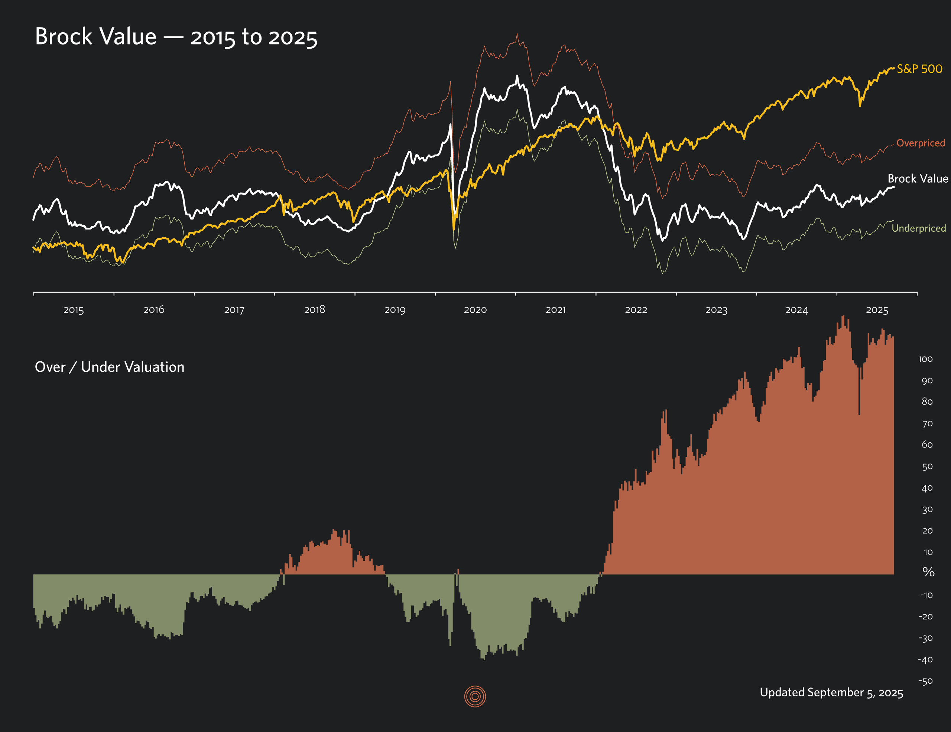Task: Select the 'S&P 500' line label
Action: pyautogui.click(x=919, y=69)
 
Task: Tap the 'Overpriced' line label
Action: pyautogui.click(x=921, y=143)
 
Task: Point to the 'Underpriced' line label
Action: pyautogui.click(x=918, y=228)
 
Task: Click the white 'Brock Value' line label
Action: pyautogui.click(x=918, y=179)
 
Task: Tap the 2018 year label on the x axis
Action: pyautogui.click(x=314, y=310)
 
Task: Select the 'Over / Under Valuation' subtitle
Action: pyautogui.click(x=109, y=367)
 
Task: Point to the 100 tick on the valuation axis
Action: pyautogui.click(x=925, y=360)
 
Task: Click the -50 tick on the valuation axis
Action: pyautogui.click(x=926, y=681)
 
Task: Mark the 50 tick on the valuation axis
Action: pyautogui.click(x=927, y=467)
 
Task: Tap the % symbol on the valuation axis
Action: pyautogui.click(x=928, y=572)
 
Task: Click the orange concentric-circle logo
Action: pyautogui.click(x=475, y=697)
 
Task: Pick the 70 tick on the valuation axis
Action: pyautogui.click(x=927, y=424)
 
